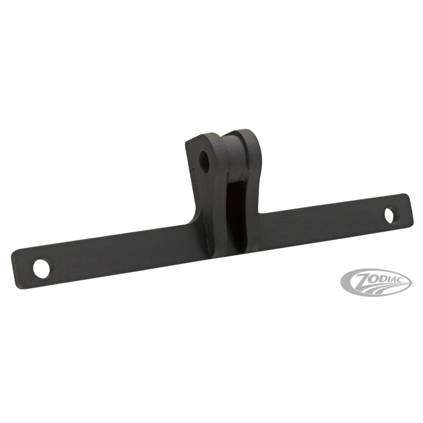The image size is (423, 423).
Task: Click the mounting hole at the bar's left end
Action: coord(42,269)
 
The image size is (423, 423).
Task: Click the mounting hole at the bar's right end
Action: coord(389,215)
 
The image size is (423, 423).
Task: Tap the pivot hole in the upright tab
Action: coord(204,162)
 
